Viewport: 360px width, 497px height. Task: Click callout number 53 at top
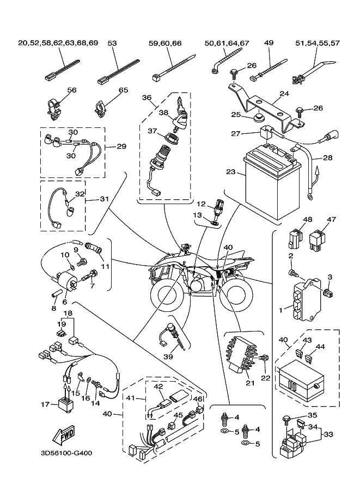tap(112, 43)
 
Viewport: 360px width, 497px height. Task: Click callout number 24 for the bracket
tap(283, 93)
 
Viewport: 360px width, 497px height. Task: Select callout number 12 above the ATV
tap(200, 204)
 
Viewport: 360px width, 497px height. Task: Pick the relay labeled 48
tap(294, 239)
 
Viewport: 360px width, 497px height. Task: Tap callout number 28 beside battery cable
tap(326, 158)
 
